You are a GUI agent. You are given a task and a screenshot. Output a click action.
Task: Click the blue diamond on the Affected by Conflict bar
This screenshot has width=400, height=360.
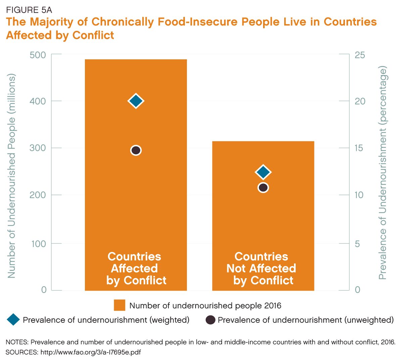point(136,101)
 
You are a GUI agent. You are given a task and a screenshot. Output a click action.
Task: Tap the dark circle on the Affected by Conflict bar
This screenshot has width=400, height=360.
point(136,150)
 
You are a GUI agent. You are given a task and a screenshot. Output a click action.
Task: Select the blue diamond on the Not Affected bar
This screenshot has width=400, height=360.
point(263,172)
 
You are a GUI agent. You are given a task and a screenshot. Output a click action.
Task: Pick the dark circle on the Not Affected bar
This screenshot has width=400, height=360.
point(263,188)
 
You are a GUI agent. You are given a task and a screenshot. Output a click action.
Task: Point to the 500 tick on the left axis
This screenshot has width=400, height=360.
point(38,55)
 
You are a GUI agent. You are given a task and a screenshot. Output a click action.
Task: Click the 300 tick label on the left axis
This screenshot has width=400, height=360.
point(38,148)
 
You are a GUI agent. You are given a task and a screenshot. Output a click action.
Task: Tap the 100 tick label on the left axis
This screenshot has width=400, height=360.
point(39,244)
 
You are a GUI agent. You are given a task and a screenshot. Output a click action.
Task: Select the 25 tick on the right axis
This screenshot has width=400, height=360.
point(360,55)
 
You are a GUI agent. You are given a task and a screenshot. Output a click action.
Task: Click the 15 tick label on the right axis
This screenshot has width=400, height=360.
point(359,148)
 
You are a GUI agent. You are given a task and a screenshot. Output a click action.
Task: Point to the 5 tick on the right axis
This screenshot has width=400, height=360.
point(357,244)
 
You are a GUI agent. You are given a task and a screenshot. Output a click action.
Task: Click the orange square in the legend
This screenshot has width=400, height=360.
point(119,305)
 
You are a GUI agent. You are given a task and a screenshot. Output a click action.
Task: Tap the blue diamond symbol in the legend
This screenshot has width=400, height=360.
point(13,320)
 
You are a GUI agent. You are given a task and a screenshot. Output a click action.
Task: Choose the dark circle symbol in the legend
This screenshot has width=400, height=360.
point(210,320)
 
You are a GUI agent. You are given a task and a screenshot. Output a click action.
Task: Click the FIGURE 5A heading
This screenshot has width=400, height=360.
point(29,10)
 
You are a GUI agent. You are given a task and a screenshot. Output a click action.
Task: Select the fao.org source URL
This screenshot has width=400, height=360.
point(90,352)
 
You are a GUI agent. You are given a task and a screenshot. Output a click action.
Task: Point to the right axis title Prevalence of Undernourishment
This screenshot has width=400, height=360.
point(383,173)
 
